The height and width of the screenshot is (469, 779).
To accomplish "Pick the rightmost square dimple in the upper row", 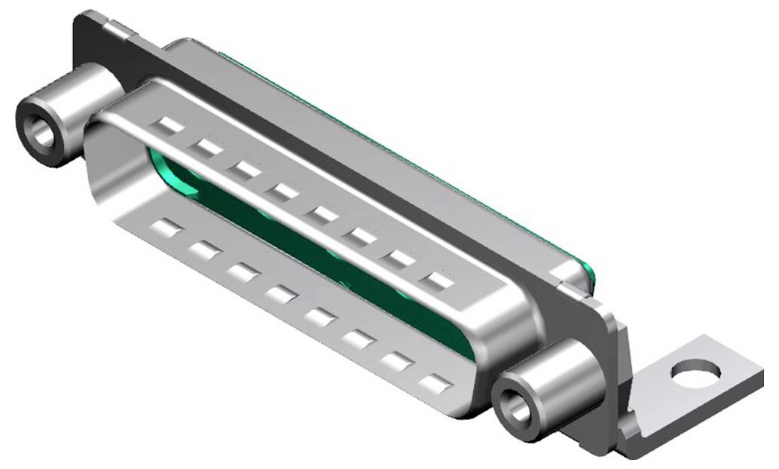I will point(437,284).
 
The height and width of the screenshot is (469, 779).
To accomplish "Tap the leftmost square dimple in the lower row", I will point(165,228).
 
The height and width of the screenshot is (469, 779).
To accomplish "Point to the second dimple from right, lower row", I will point(396,362).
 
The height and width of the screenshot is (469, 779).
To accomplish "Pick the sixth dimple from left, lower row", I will point(357,339).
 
